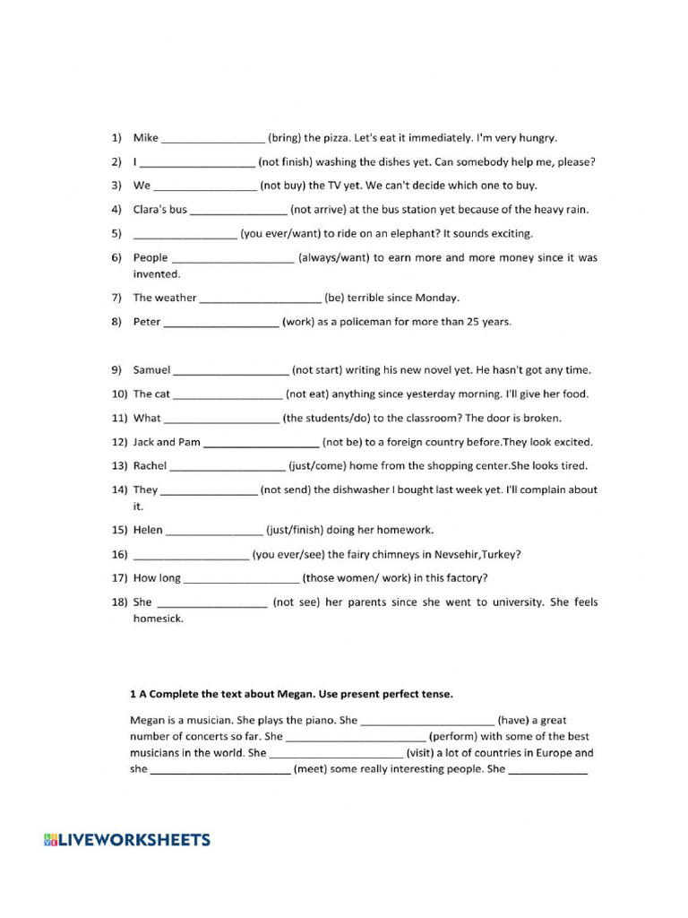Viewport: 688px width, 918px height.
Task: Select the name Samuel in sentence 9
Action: tap(151, 369)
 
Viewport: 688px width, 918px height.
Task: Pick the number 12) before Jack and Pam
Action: tap(120, 442)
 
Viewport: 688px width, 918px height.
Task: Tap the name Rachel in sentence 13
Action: tap(150, 466)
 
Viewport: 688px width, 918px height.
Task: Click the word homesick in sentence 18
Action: tap(158, 619)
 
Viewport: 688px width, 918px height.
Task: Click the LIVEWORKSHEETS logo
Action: tap(127, 840)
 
